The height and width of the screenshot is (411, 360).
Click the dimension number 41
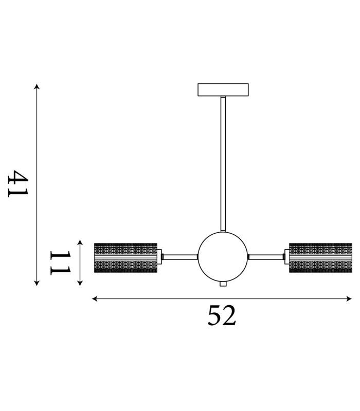18,184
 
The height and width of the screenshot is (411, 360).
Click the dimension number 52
222,315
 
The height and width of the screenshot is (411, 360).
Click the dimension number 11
61,263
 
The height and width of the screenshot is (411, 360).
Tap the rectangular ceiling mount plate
223,89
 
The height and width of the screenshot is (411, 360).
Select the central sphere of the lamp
223,257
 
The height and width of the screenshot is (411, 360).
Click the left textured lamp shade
125,258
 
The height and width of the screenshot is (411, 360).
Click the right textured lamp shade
320,258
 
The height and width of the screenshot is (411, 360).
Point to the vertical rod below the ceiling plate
223,164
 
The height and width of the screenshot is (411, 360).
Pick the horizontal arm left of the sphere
181,257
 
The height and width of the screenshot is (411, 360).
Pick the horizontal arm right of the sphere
265,257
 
